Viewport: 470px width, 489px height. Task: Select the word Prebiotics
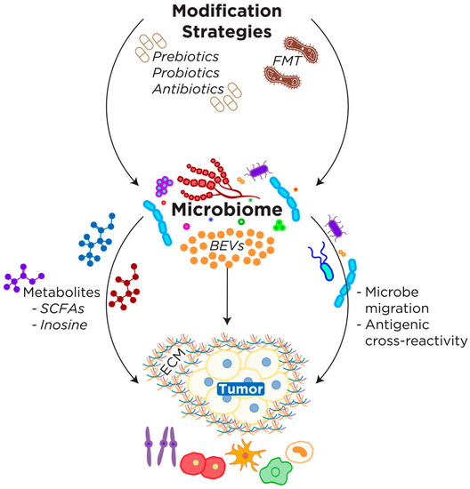(188, 56)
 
